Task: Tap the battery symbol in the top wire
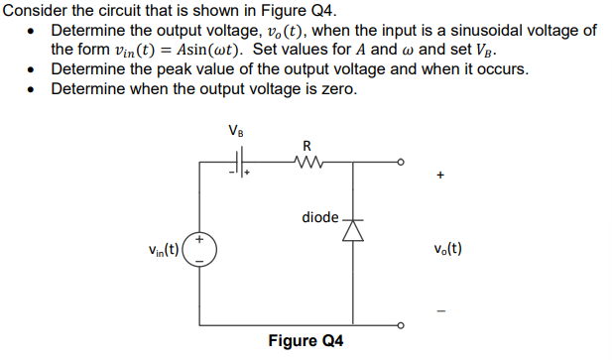239,161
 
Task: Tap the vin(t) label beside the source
159,248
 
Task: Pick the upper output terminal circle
401,161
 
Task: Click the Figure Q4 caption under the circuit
306,341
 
